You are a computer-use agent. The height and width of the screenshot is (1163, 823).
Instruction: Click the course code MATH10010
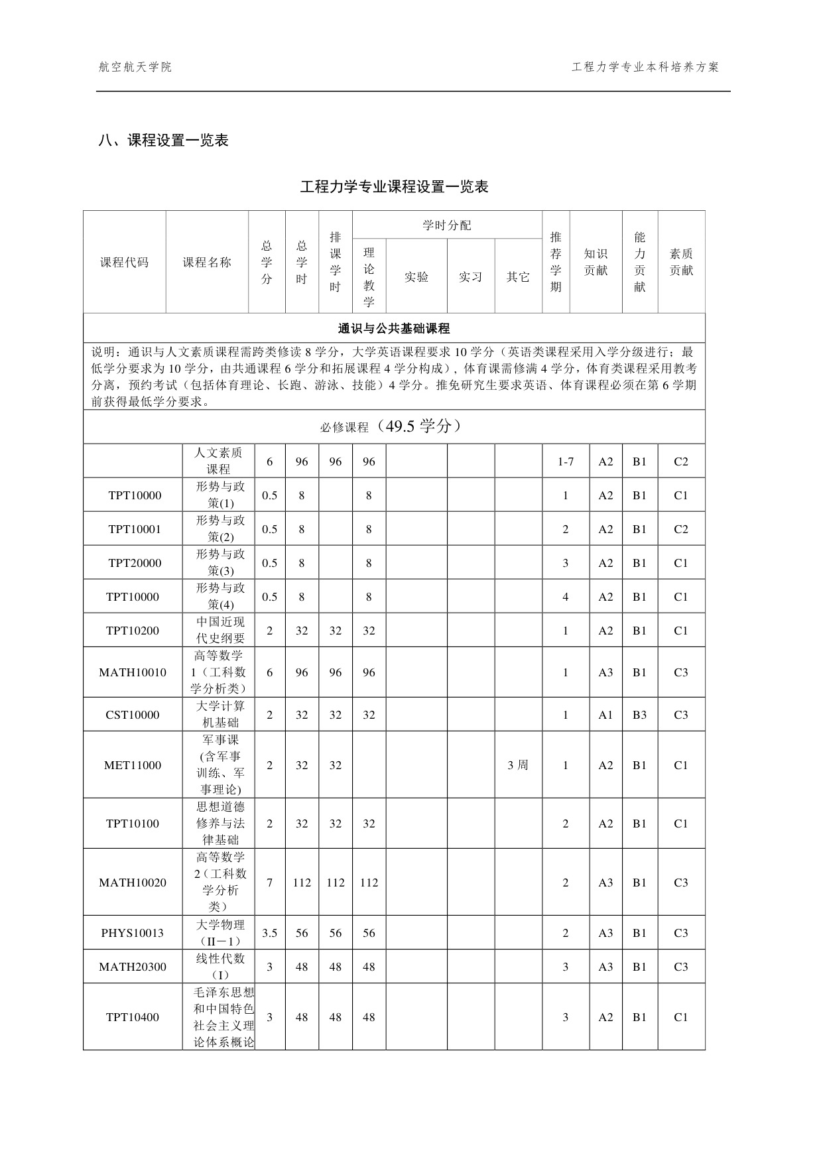point(133,672)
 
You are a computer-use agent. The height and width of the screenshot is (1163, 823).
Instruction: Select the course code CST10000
point(133,715)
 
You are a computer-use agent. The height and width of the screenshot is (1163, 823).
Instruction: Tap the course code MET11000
point(133,765)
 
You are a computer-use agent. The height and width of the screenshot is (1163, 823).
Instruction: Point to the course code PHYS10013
point(133,933)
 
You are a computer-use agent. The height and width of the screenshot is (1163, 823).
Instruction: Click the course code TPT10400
point(133,1017)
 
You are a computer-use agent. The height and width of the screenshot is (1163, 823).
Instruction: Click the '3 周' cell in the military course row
point(518,765)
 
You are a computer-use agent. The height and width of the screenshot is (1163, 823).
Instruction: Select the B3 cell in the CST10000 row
point(639,715)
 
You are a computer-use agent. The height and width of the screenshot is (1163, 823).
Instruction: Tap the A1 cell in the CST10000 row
point(605,715)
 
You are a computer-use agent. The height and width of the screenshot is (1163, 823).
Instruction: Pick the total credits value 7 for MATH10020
point(269,883)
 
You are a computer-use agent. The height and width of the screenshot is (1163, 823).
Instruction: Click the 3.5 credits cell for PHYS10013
point(269,933)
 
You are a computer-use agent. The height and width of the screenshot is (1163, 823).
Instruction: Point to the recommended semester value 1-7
point(566,461)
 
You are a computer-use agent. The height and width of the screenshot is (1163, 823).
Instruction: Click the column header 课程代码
point(124,262)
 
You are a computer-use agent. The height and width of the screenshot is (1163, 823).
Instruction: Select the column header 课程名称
point(207,262)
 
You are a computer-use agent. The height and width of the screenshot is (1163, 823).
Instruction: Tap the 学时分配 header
point(447,225)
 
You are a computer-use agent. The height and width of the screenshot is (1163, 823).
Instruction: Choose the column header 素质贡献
point(681,262)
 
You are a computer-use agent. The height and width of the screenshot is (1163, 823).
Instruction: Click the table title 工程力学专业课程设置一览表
point(394,187)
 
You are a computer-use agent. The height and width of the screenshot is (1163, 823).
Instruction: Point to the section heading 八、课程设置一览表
point(163,141)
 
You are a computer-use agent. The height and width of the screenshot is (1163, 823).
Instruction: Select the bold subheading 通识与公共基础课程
point(394,328)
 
